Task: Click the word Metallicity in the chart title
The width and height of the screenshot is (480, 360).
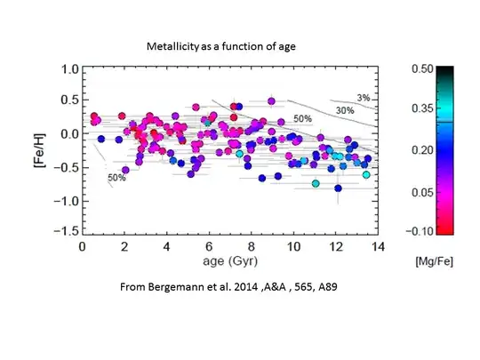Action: tap(173, 45)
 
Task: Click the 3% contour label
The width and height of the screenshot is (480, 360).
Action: tap(363, 97)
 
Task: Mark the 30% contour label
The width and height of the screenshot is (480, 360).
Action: tap(346, 110)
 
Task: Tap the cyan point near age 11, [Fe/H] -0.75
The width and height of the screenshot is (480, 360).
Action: tap(316, 183)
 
